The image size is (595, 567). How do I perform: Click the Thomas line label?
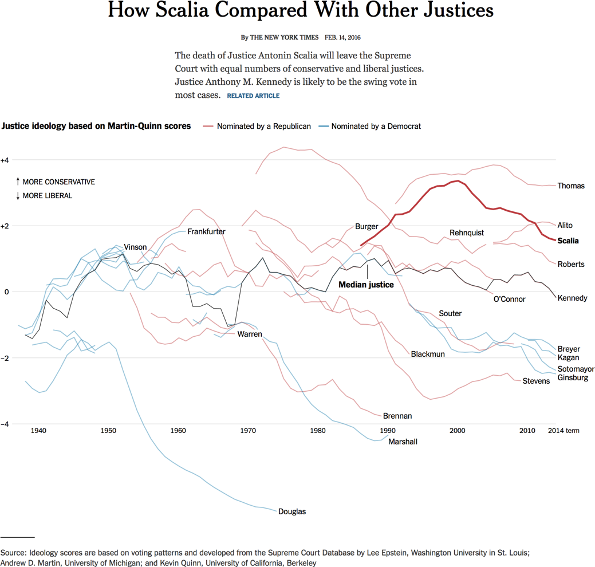point(570,186)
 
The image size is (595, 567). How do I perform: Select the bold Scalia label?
point(568,241)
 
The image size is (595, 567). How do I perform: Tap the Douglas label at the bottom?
point(291,511)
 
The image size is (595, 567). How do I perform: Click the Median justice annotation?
point(366,284)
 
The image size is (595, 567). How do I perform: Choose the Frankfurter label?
point(206,232)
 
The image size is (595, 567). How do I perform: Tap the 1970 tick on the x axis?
point(248,430)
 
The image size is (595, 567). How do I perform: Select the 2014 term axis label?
point(564,430)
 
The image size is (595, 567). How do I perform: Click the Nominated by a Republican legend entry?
point(263,126)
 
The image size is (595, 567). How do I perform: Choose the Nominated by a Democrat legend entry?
point(376,126)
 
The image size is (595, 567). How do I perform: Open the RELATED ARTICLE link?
point(253,96)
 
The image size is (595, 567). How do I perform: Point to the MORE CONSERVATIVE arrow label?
point(58,182)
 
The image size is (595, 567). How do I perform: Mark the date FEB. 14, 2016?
point(342,38)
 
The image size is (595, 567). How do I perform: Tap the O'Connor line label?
point(509,299)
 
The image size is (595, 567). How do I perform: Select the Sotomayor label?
point(576,369)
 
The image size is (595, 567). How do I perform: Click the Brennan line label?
point(397,416)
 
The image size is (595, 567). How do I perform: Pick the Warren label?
point(250,334)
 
